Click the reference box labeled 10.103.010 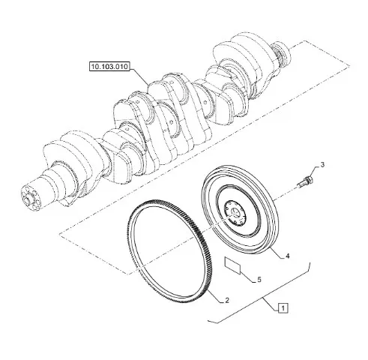coord(109,66)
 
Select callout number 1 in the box coord(283,308)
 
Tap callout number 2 coord(227,300)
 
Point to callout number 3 coord(322,165)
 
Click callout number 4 coord(288,256)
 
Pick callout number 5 coord(259,280)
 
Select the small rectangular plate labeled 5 coord(232,265)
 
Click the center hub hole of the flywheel coord(235,212)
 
